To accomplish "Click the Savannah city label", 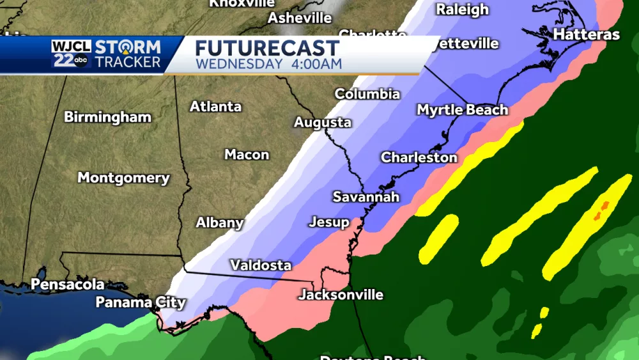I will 366,197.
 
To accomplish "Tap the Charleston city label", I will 419,157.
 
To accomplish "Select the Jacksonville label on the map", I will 341,295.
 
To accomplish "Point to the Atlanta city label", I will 215,107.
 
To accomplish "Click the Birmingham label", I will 107,118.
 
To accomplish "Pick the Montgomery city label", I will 123,178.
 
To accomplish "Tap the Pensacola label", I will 68,283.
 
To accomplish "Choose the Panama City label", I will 141,302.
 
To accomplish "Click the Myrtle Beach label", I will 462,110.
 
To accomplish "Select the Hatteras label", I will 586,35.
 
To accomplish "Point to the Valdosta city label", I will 261,265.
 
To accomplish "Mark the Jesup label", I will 329,223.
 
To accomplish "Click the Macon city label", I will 247,155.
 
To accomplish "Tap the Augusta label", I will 323,122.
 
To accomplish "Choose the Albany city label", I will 219,223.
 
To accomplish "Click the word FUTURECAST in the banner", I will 267,49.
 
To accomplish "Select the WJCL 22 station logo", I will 72,54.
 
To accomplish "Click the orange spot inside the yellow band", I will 601,210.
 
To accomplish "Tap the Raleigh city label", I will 462,9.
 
